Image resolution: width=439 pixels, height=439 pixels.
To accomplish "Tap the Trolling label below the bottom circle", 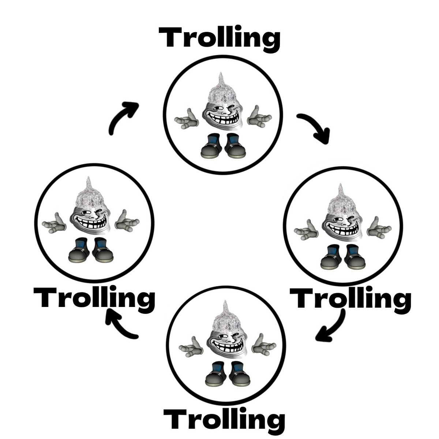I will pyautogui.click(x=224, y=421).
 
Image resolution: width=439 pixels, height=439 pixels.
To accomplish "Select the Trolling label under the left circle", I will pyautogui.click(x=94, y=298).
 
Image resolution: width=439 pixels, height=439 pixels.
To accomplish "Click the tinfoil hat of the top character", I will pyautogui.click(x=220, y=91).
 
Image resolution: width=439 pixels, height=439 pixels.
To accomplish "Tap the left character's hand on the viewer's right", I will pyautogui.click(x=127, y=221).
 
